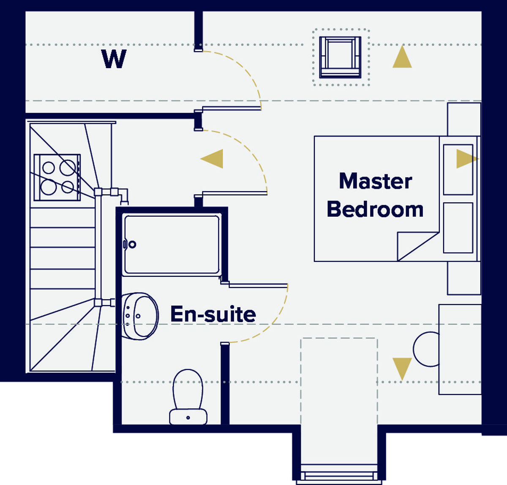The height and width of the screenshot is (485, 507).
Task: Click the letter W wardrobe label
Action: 114,59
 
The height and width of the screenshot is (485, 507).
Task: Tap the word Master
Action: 376,181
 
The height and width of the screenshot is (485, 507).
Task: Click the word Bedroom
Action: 375,209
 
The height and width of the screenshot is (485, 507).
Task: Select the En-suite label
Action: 213,314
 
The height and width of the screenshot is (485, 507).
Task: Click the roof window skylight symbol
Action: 340,57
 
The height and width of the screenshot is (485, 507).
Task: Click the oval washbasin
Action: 140,316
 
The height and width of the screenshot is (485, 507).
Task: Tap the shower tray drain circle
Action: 132,245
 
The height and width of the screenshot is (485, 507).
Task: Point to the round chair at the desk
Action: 426,349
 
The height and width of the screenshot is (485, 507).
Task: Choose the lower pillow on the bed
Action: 458,228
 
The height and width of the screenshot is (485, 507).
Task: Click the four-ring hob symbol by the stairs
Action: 57,177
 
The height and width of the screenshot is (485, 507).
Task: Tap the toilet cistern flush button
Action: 188,418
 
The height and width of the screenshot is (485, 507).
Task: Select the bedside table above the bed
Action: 464,119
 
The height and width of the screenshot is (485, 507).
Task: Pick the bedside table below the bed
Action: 464,278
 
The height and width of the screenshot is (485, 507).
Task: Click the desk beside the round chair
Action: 460,349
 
